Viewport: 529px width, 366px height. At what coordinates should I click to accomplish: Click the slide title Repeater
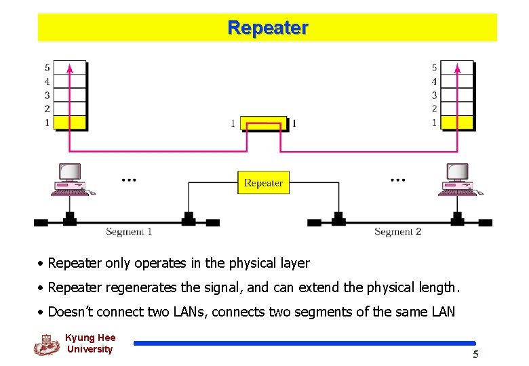click(x=268, y=28)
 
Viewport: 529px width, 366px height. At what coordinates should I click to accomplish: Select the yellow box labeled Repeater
click(x=263, y=182)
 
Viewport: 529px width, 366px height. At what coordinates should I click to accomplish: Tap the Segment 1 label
click(x=129, y=232)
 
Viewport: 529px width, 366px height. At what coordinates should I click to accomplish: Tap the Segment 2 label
click(x=397, y=232)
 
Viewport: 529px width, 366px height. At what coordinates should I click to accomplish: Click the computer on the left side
click(x=70, y=180)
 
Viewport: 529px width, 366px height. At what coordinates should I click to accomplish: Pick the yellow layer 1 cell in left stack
click(x=70, y=123)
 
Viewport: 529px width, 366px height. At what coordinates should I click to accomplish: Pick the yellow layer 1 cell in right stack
click(x=457, y=123)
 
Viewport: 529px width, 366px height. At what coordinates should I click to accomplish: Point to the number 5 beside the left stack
click(x=47, y=68)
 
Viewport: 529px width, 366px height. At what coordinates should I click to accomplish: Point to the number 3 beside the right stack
click(x=434, y=95)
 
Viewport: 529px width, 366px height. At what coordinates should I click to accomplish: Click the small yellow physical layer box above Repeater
click(x=263, y=124)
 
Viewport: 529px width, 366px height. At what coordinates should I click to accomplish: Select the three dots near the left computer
click(x=129, y=180)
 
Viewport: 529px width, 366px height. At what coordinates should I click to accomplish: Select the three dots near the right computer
click(x=398, y=180)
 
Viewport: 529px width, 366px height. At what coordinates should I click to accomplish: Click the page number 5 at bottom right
click(x=475, y=354)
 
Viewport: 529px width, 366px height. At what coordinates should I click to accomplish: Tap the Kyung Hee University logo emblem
click(x=47, y=344)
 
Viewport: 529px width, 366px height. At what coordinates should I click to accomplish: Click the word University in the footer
click(x=90, y=349)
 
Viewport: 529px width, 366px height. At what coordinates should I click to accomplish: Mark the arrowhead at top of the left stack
click(x=70, y=66)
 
